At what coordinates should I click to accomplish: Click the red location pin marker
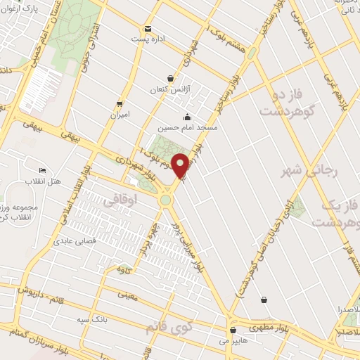coord(181,165)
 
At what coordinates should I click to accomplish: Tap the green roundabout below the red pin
coord(166,200)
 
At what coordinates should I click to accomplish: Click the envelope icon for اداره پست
coord(148,29)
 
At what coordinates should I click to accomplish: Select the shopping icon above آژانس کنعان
coord(171,79)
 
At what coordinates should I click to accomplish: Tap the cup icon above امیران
coord(120,103)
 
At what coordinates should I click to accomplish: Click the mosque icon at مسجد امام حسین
coord(186,117)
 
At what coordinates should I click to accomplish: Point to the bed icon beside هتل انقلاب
coord(43,171)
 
